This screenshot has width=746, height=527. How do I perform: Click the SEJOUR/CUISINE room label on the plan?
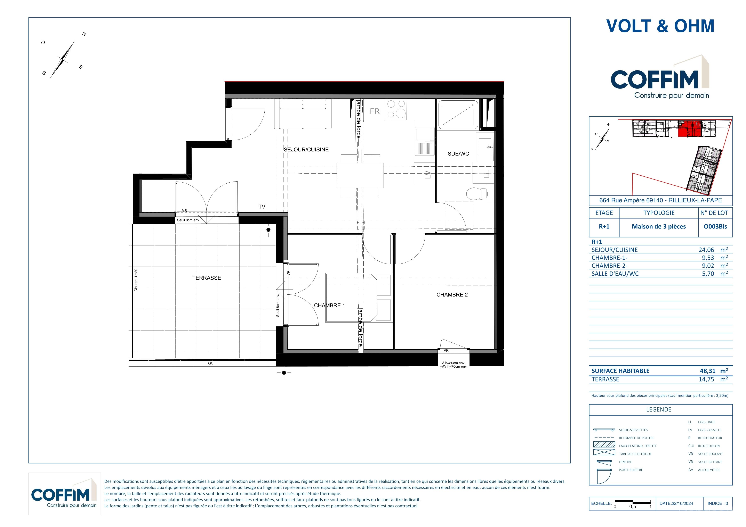[x=306, y=150]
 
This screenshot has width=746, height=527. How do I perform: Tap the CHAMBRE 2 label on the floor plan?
[x=452, y=295]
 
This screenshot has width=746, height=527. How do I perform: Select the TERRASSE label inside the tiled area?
[x=207, y=278]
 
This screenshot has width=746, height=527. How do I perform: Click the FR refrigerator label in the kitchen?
[x=375, y=111]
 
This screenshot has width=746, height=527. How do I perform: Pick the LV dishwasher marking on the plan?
[x=428, y=175]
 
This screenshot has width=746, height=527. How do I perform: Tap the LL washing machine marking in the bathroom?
[x=486, y=174]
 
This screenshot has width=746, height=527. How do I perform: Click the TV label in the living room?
[x=262, y=206]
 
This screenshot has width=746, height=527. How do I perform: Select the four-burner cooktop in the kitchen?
[x=396, y=109]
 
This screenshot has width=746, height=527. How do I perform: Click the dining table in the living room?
[x=360, y=175]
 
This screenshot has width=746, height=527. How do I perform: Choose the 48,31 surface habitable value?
[x=707, y=371]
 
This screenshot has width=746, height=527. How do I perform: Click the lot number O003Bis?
[x=715, y=226]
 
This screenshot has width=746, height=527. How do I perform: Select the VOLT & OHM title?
[x=660, y=26]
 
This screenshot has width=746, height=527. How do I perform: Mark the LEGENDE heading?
[x=659, y=410]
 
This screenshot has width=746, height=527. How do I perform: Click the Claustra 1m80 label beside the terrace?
[x=136, y=280]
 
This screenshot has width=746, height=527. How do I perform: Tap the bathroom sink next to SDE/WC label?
[x=484, y=147]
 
